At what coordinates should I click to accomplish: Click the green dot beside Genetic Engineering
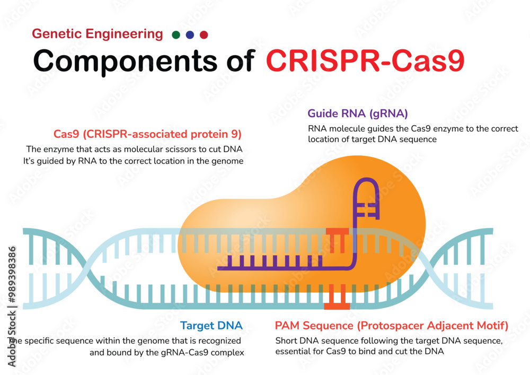[x=176, y=35]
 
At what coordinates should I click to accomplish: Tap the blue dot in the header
[x=190, y=35]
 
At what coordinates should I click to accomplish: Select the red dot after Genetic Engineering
[x=204, y=35]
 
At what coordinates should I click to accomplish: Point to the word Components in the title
[x=126, y=61]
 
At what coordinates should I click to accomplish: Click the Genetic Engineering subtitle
[x=98, y=34]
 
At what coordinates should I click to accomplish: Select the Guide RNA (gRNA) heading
[x=358, y=113]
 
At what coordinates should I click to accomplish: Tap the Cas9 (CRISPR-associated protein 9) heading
[x=147, y=134]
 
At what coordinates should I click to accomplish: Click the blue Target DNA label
[x=211, y=325]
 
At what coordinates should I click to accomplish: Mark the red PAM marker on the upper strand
[x=337, y=236]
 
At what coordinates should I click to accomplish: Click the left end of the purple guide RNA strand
[x=220, y=268]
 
